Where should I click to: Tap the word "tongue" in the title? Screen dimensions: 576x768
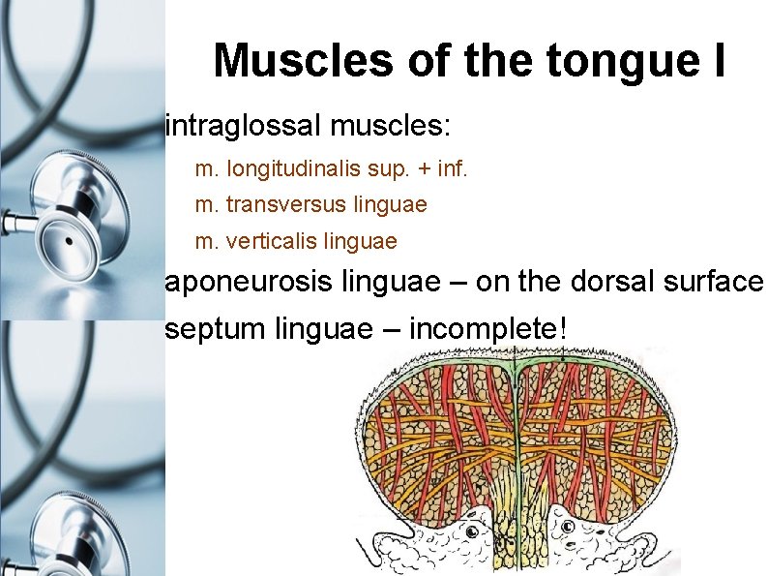click(598, 60)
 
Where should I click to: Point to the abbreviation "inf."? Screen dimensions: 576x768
click(452, 169)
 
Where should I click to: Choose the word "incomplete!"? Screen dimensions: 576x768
click(484, 328)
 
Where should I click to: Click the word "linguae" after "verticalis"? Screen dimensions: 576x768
click(364, 239)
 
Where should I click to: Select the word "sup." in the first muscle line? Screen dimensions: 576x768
click(389, 170)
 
